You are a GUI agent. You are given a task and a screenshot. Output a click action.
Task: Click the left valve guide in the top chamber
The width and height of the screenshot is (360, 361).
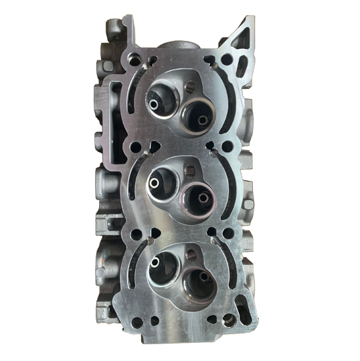(x=156, y=104)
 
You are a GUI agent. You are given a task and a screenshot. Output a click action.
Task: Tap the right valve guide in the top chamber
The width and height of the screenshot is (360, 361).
(x=202, y=120)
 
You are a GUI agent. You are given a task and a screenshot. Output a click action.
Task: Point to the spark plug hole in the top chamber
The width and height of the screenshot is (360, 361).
(x=189, y=87)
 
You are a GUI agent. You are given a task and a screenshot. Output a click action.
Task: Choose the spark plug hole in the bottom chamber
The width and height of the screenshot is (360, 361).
(x=190, y=253)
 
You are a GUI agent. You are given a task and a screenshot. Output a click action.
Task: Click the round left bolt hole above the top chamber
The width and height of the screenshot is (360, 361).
(x=136, y=60)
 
